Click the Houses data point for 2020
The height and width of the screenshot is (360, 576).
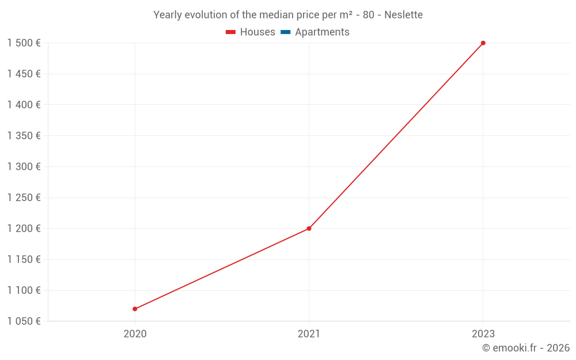click(135, 309)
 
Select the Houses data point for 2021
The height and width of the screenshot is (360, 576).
click(309, 229)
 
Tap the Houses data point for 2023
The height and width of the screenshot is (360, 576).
click(483, 43)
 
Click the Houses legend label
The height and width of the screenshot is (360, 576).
click(257, 32)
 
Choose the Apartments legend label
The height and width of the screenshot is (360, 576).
click(322, 32)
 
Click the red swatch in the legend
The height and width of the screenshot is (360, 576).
click(231, 32)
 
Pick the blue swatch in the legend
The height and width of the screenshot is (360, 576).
click(286, 32)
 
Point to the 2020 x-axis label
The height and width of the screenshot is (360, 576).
click(135, 334)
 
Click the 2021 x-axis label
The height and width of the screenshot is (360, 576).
click(309, 334)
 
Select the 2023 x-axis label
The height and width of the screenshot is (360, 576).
click(483, 334)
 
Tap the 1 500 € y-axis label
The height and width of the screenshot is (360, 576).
click(24, 43)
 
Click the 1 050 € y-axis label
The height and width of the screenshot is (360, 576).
click(24, 321)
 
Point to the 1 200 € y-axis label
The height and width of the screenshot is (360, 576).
click(24, 229)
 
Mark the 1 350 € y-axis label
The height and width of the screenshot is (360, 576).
click(24, 136)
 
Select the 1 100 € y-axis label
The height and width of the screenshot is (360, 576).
click(24, 290)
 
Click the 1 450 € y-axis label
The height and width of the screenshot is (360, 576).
click(24, 74)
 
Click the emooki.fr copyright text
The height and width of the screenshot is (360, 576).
click(525, 348)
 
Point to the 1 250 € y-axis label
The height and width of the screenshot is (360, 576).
click(24, 198)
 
